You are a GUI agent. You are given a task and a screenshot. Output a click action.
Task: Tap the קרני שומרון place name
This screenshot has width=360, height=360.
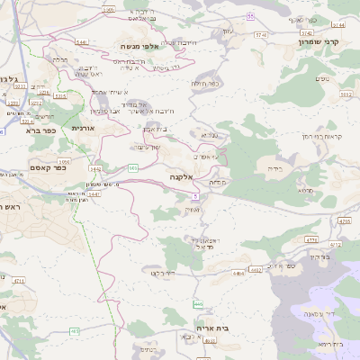click(319, 40)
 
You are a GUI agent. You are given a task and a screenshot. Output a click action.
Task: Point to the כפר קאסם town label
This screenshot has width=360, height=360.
click(49, 167)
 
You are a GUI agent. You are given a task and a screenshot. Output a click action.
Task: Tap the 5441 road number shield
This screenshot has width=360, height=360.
click(82, 41)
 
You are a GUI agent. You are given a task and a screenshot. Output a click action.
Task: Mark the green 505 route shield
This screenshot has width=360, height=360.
click(132, 167)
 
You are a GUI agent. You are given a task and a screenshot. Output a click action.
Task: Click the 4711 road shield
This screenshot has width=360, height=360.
click(19, 280)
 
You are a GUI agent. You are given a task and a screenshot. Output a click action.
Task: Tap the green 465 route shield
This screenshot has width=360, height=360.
click(75, 331)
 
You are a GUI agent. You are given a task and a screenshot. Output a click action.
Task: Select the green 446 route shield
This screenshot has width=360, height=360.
click(198, 304)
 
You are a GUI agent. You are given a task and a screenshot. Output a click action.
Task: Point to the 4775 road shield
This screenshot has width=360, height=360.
click(311, 239)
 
